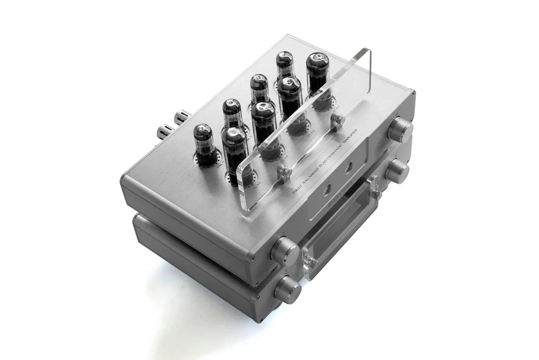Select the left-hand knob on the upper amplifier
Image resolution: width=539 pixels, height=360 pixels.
pos(285,250)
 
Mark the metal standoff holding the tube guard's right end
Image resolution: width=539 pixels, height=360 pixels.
pos(337,120)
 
